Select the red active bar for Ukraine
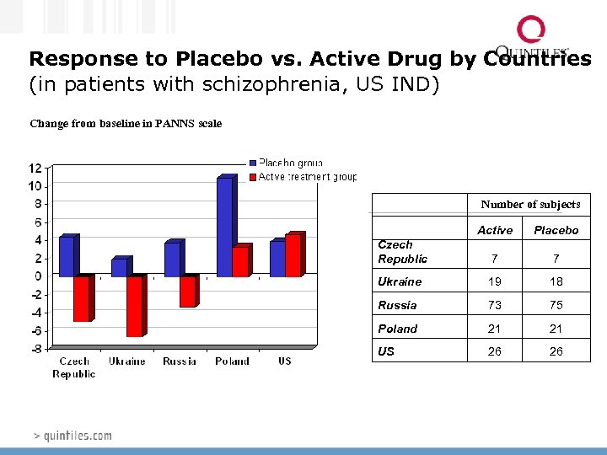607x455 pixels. point(135,305)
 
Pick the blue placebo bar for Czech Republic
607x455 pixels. point(67,256)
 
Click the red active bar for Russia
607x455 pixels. point(188,291)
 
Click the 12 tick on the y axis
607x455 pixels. point(35,168)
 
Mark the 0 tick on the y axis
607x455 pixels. point(37,276)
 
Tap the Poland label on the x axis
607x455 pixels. point(232,361)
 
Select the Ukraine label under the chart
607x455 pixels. point(126,361)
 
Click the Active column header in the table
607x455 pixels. point(495,230)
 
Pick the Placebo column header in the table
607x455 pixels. point(556,230)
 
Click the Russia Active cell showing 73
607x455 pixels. point(495,305)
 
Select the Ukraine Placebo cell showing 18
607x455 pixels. point(556,281)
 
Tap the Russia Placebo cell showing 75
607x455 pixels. point(556,305)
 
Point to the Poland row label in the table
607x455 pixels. point(397,329)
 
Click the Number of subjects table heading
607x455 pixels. point(530,205)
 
